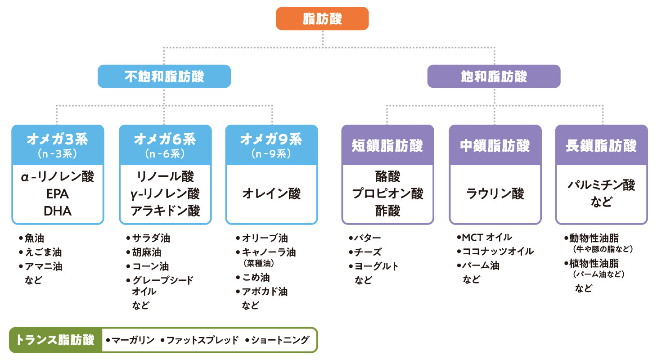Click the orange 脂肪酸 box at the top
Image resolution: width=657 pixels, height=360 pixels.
coord(322,19)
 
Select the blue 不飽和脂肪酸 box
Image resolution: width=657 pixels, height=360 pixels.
coord(164,76)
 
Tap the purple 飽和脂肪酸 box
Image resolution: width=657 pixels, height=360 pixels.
coord(494,76)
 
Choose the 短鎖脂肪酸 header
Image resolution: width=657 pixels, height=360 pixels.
coord(387,145)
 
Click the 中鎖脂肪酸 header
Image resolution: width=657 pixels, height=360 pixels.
coord(495,145)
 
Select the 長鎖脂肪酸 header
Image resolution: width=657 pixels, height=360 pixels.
coord(601,145)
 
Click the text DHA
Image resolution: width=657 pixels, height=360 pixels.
coord(58,211)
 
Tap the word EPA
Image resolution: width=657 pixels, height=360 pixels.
coord(58,194)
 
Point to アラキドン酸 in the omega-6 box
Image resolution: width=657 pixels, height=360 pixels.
coord(165,211)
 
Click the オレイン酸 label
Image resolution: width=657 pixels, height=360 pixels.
coord(271,194)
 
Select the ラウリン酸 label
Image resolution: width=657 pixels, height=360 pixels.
coord(495,194)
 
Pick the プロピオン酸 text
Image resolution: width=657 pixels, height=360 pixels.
coord(387,194)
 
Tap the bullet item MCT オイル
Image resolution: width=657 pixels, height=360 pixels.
coord(486,237)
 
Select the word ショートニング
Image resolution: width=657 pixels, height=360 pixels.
coord(280,340)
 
